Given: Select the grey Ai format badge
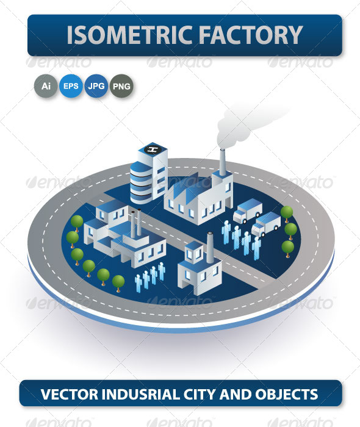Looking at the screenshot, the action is click(x=46, y=86).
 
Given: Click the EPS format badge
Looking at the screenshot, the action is click(x=71, y=86).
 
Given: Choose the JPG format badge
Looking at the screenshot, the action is click(x=96, y=86).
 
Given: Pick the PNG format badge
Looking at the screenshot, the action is click(x=121, y=86).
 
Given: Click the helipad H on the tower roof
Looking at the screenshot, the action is click(x=153, y=149).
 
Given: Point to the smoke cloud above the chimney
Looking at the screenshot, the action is click(x=245, y=124).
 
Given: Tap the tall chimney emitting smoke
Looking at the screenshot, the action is click(x=223, y=162).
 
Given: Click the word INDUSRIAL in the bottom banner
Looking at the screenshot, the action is click(x=141, y=394).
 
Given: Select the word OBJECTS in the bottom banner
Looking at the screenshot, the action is click(x=287, y=394).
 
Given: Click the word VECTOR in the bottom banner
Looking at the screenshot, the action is click(x=70, y=394).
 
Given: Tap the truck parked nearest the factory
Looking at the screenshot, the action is click(x=248, y=210).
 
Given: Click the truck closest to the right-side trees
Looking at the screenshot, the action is click(x=266, y=224).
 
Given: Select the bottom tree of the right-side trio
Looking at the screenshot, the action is click(x=288, y=249).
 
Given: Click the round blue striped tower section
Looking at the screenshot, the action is click(x=141, y=183).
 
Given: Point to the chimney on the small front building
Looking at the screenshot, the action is click(x=210, y=247).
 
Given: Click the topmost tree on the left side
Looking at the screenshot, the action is click(x=77, y=223).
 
